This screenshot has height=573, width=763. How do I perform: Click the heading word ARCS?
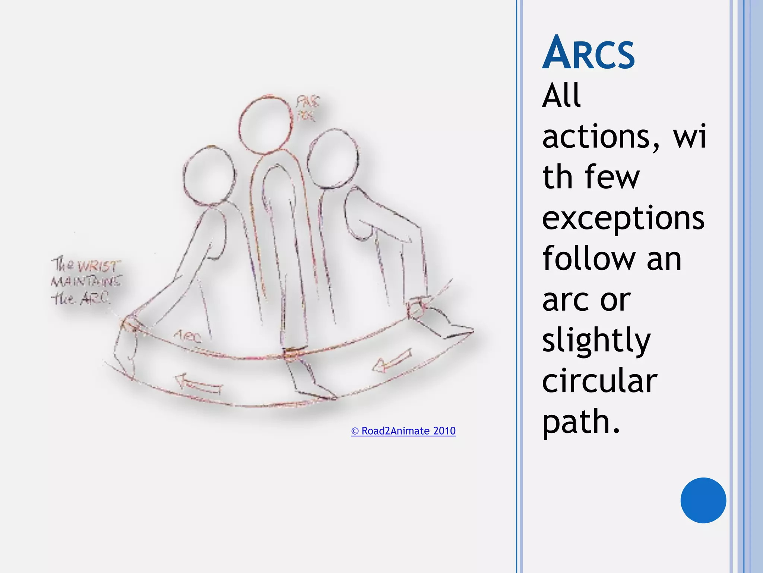(588, 53)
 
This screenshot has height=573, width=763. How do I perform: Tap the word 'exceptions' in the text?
(623, 218)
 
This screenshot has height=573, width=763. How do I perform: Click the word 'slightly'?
(596, 340)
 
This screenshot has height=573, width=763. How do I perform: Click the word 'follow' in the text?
(589, 258)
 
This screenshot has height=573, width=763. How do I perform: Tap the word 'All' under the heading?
(561, 95)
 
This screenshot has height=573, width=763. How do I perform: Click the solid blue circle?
(703, 500)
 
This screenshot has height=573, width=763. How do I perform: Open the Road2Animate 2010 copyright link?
(403, 431)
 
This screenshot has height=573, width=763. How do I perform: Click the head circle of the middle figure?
(265, 124)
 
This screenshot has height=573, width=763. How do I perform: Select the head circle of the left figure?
(209, 175)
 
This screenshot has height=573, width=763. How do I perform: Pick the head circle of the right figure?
(333, 159)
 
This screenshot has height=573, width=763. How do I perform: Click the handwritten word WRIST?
(98, 266)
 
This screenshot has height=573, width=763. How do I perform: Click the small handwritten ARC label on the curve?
(187, 337)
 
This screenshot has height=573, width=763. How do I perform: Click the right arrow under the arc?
(392, 361)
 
